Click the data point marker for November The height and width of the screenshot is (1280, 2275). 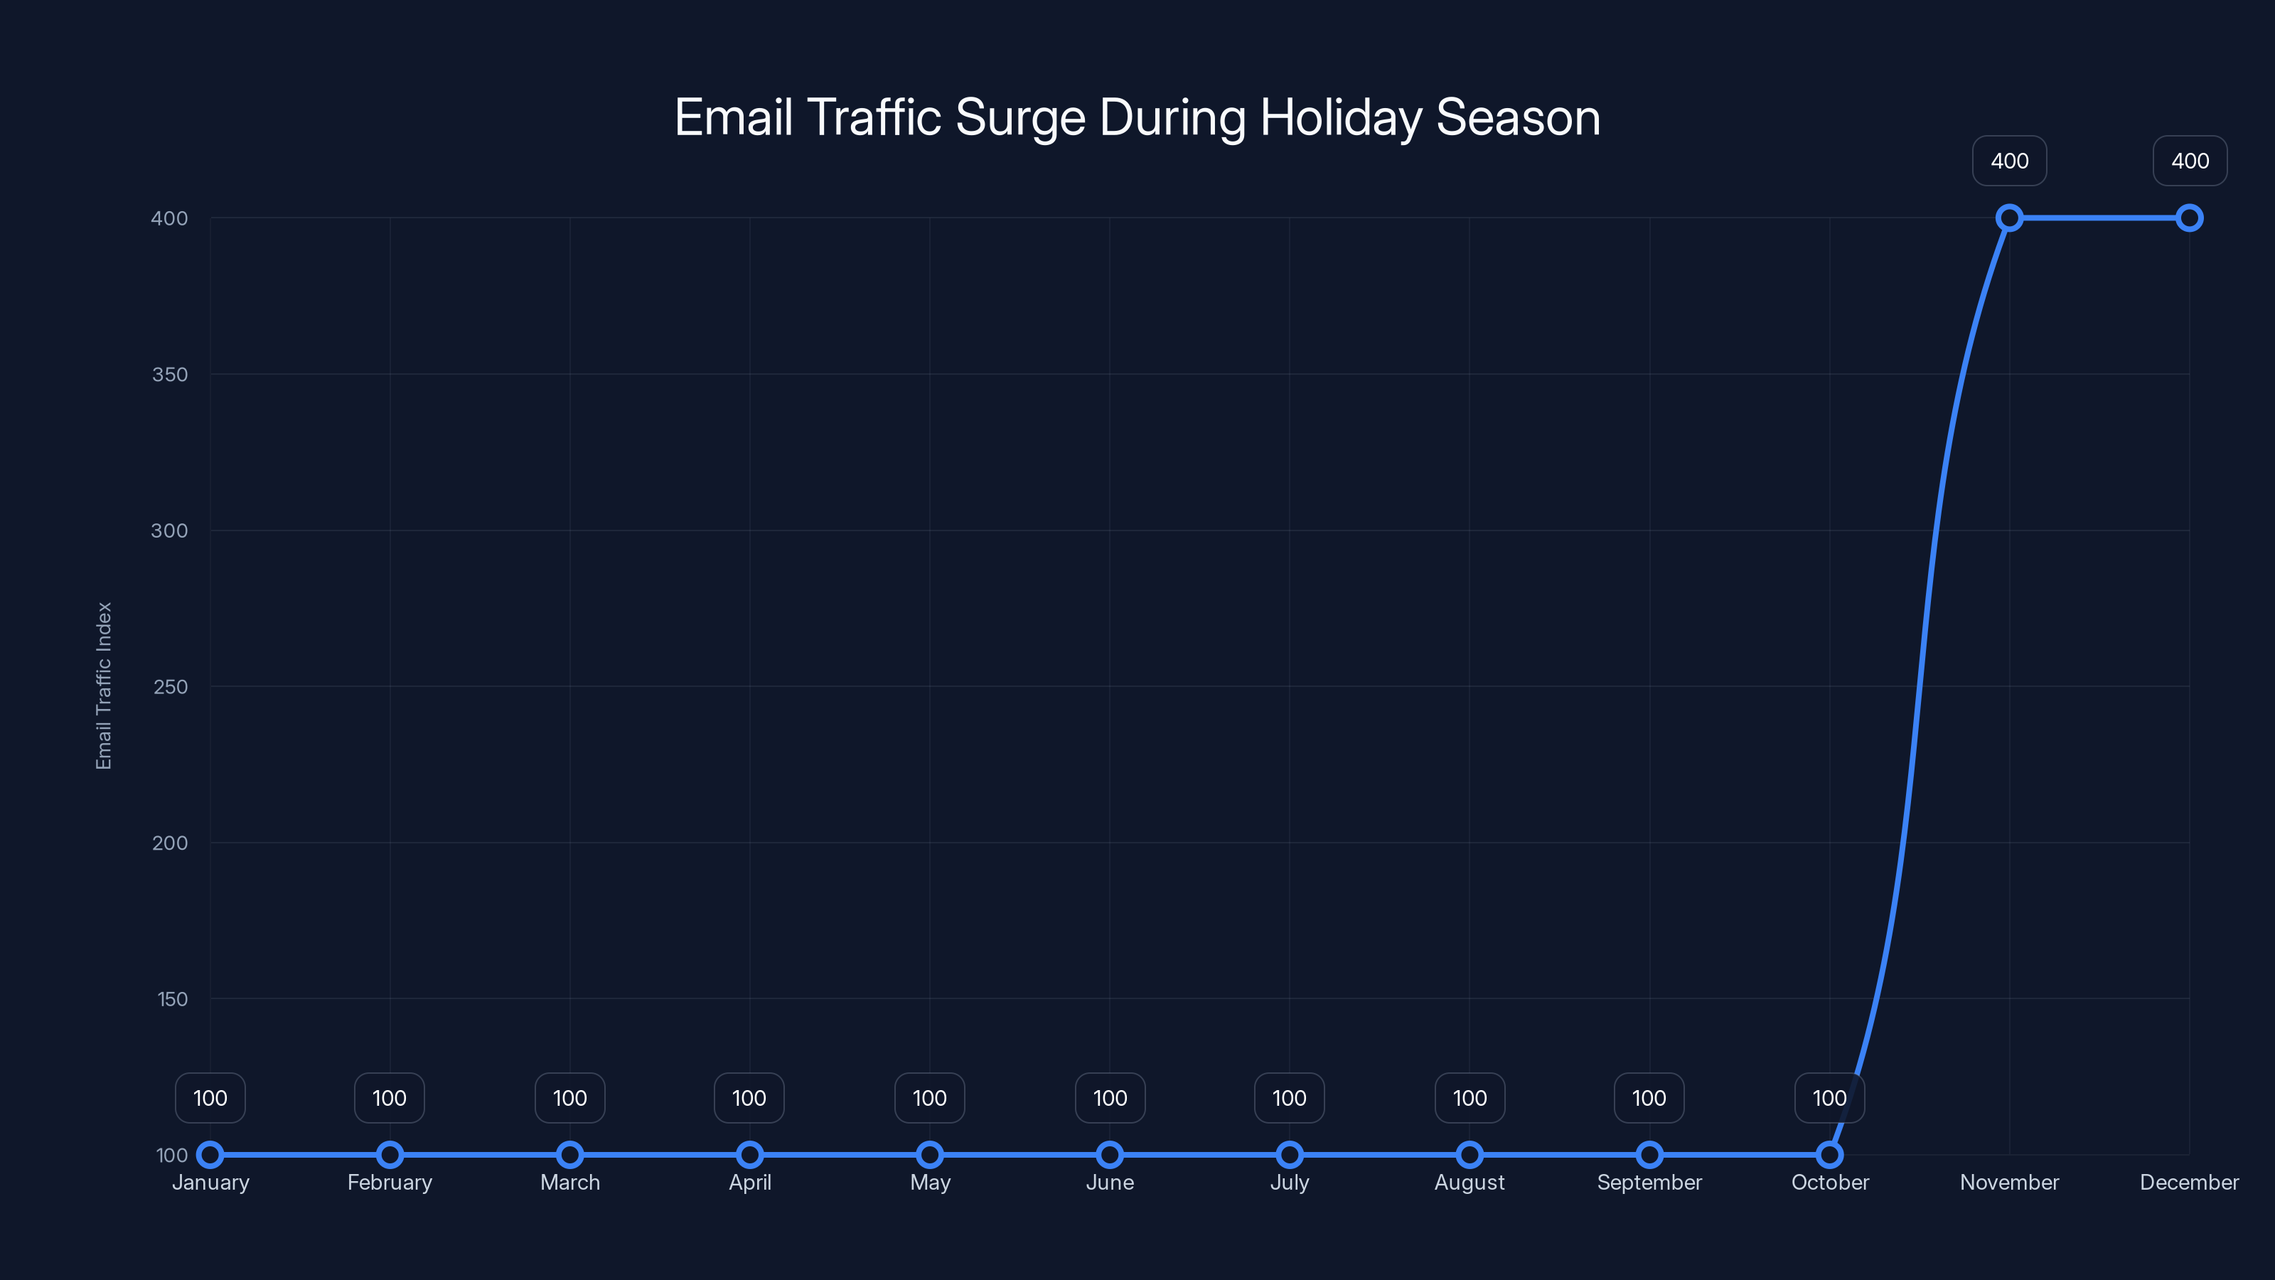click(x=2009, y=218)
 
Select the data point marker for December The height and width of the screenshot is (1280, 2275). click(x=2190, y=218)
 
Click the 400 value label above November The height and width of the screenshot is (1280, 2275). click(x=2009, y=161)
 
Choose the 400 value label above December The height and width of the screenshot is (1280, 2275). click(x=2190, y=161)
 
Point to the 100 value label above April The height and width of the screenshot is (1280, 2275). click(x=749, y=1098)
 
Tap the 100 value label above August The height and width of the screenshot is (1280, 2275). click(x=1470, y=1098)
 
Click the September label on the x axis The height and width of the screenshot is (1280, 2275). click(x=1649, y=1182)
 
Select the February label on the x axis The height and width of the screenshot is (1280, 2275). click(x=390, y=1182)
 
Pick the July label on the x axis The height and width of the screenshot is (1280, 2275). click(x=1290, y=1182)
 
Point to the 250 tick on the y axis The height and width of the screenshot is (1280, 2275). click(x=170, y=686)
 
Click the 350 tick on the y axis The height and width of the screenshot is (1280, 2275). click(x=170, y=375)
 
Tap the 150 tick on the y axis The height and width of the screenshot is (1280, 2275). click(x=171, y=999)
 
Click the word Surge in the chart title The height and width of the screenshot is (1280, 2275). click(x=1019, y=118)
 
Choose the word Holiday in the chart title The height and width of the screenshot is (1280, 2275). click(x=1339, y=118)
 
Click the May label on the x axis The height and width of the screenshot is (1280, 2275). click(x=929, y=1182)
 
